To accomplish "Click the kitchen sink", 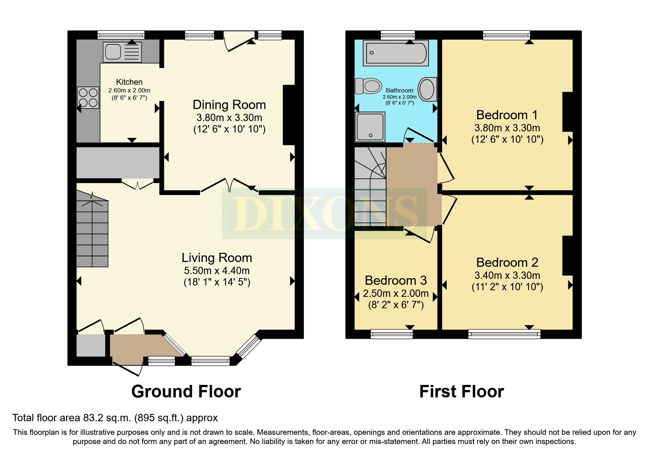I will coord(122,52).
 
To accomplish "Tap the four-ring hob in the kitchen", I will coord(88,98).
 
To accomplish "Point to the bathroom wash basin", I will coord(427,89).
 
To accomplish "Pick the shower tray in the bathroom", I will coord(370,127).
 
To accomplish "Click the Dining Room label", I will coord(229,105).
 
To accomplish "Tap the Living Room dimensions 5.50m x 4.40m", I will coord(217,271).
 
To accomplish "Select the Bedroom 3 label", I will coord(396,281).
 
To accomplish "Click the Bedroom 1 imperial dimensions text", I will coord(507,139).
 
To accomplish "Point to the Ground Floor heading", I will coord(186,392).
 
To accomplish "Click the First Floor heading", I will coord(461,392).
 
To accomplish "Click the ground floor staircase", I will coord(92,231).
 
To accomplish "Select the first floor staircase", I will coord(370,187).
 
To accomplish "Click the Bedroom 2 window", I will coord(504,334).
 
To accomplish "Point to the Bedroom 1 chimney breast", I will coord(568,112).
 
